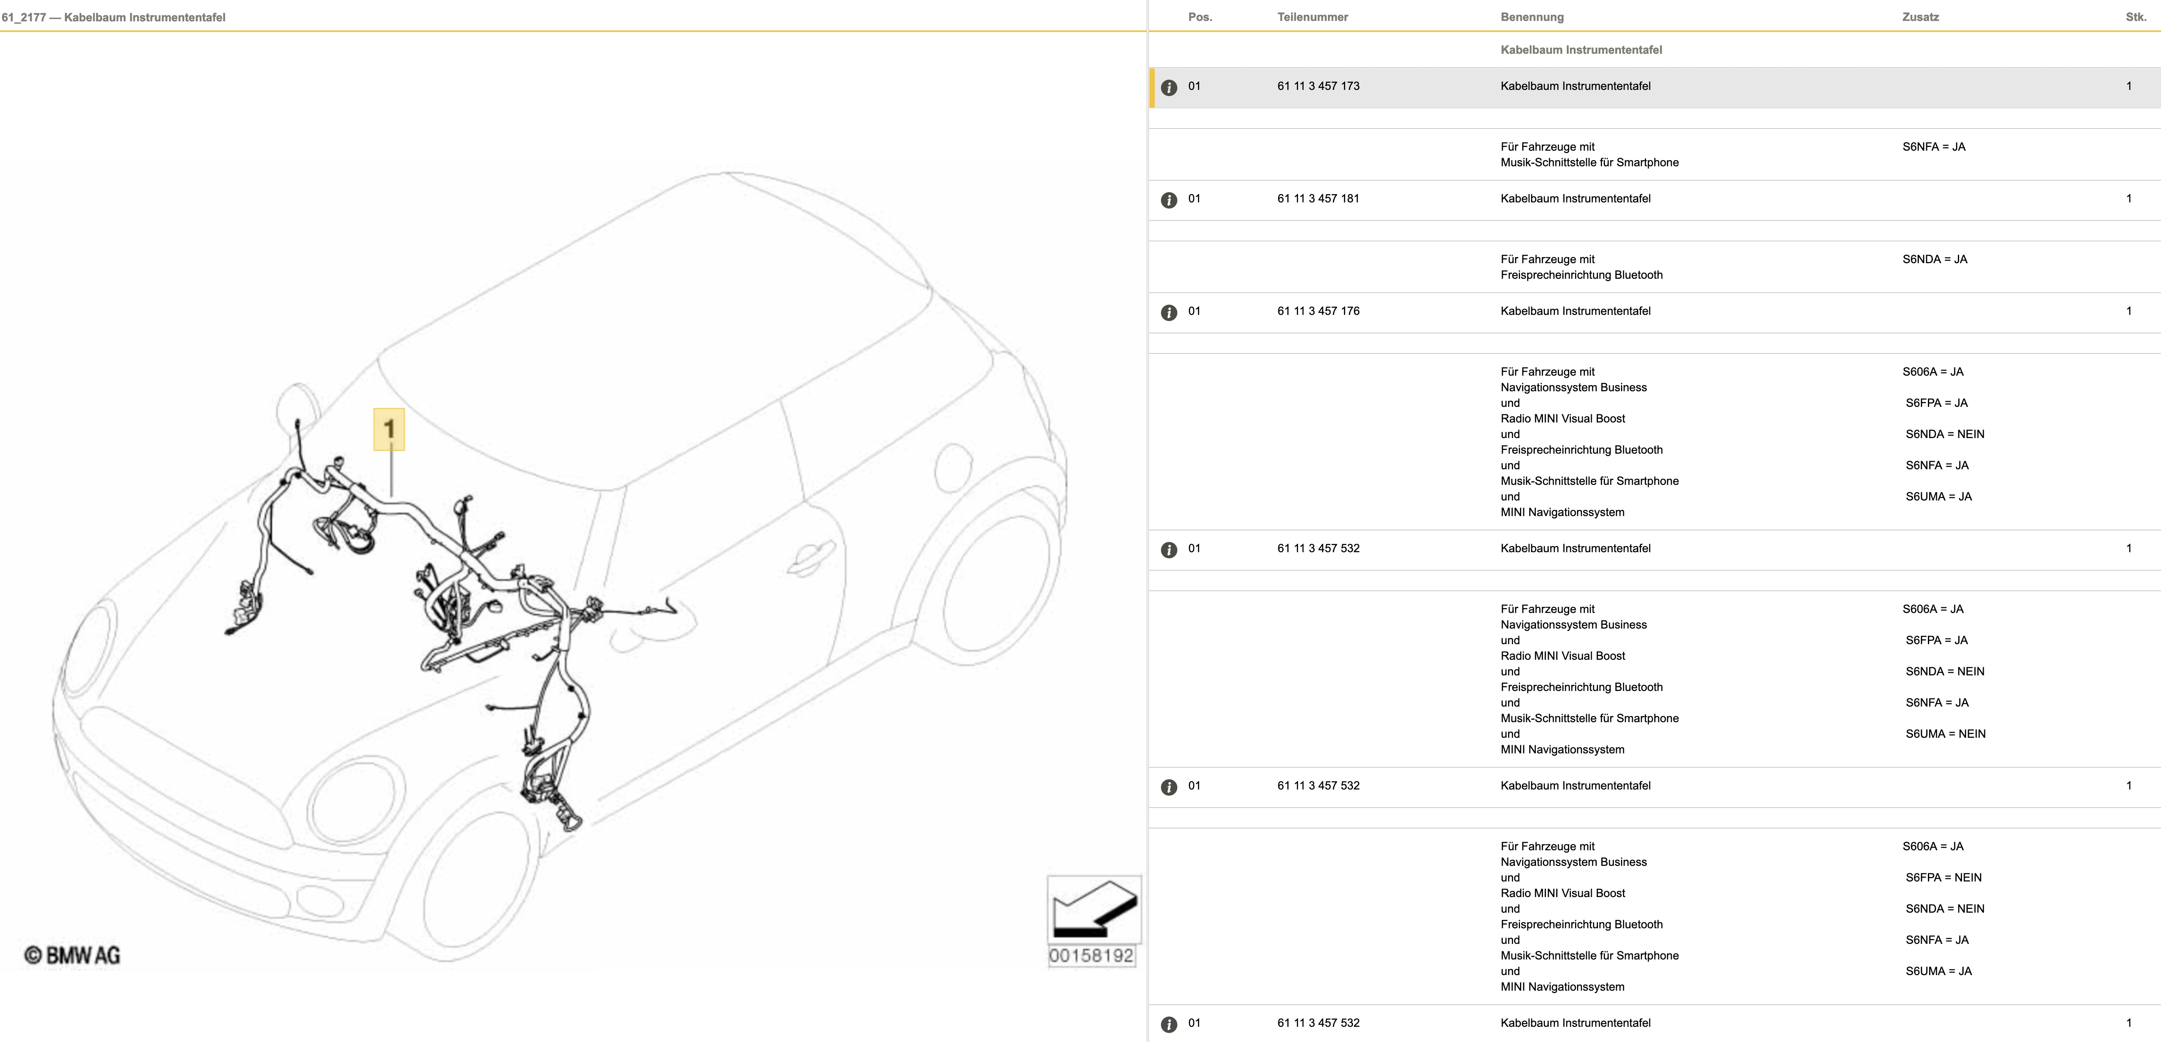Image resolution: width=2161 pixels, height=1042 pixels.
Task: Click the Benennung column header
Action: click(x=1532, y=17)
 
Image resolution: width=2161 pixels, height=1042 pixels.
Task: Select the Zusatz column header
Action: click(x=1920, y=17)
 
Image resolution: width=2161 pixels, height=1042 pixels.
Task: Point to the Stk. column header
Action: click(x=2136, y=17)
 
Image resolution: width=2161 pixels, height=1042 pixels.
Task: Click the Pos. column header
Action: click(x=1200, y=17)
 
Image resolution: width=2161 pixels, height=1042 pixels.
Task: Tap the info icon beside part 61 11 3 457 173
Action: click(x=1169, y=87)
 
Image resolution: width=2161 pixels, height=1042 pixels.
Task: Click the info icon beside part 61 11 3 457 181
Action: click(x=1169, y=200)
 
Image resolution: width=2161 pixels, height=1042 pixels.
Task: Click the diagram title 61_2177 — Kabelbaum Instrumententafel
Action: click(x=113, y=17)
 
